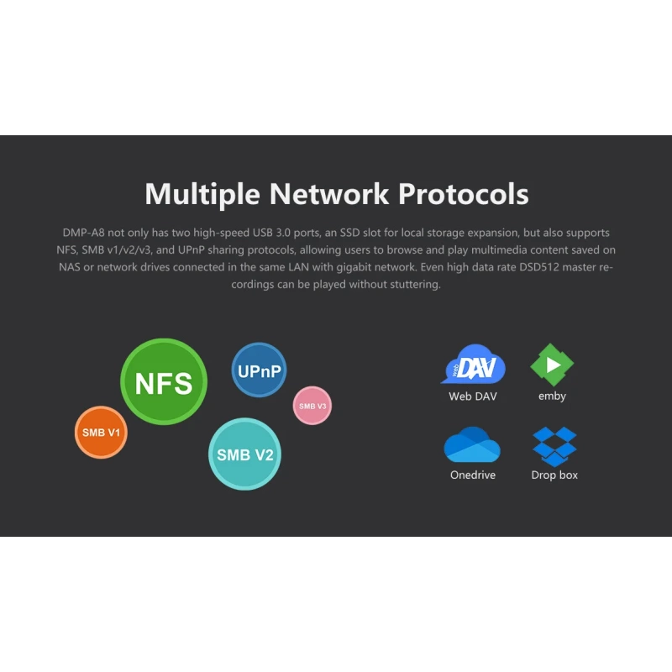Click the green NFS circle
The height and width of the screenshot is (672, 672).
[164, 382]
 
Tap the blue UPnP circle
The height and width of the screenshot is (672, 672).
[259, 370]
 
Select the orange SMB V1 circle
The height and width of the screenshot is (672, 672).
[101, 433]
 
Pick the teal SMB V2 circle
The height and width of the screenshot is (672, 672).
[244, 454]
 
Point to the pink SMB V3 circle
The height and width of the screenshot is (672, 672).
[312, 406]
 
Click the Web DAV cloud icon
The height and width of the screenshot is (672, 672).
[473, 365]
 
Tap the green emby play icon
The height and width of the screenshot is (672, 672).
[552, 365]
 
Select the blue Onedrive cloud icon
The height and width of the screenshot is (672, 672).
[472, 445]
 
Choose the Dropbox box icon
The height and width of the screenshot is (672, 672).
[554, 446]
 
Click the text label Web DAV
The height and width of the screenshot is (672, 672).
[473, 396]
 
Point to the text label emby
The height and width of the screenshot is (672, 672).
[552, 396]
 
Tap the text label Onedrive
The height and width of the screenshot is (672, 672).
[473, 475]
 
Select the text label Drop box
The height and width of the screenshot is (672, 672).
[554, 475]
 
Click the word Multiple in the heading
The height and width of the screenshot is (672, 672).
[203, 194]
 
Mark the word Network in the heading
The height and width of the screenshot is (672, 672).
[329, 194]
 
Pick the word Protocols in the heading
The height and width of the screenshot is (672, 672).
[464, 194]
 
